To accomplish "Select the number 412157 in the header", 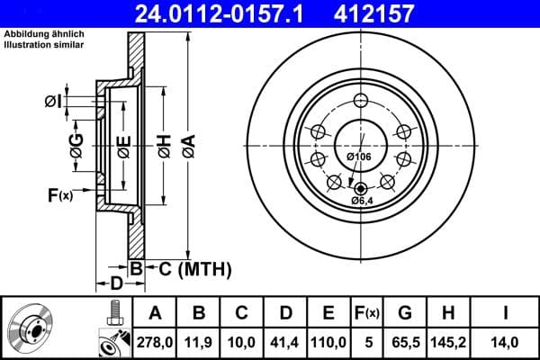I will point(400,13).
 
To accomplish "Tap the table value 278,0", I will point(154,341).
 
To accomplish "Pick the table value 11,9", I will point(198,341).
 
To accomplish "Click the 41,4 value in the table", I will point(285,341).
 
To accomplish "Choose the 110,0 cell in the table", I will point(329,341).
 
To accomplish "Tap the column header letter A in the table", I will point(154,312).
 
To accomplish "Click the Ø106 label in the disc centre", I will point(359,157).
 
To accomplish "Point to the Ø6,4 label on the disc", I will point(363,201).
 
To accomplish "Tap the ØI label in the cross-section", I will point(54,101).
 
